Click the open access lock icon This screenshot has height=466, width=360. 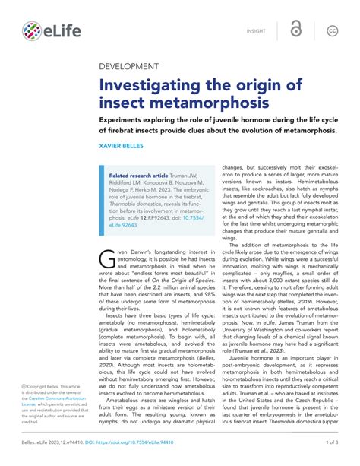pos(295,30)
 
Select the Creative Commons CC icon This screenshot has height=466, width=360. pos(332,30)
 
